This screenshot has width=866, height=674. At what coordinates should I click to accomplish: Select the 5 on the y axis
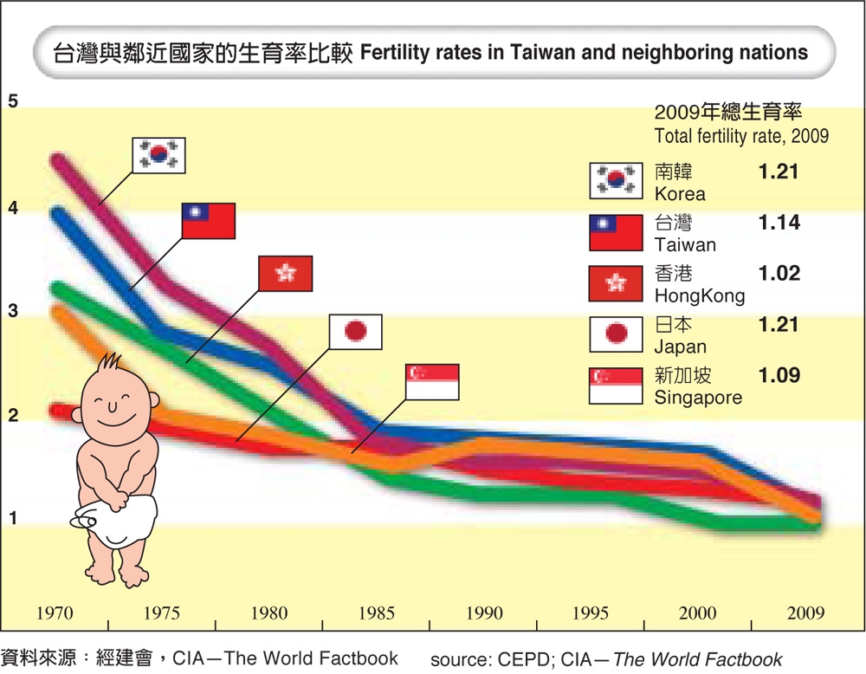13,100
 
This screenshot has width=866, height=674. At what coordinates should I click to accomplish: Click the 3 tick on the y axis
13,311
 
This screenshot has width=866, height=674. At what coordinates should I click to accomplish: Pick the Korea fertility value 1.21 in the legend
779,172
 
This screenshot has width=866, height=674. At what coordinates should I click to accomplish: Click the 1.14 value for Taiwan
779,223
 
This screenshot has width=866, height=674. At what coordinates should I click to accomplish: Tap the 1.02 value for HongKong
779,274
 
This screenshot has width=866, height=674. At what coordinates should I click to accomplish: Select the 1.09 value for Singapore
779,376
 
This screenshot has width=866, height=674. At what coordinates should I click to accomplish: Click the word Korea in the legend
680,193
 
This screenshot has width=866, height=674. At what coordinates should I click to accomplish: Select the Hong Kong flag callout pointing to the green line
285,274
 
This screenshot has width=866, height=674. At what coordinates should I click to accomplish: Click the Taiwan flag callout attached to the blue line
209,221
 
